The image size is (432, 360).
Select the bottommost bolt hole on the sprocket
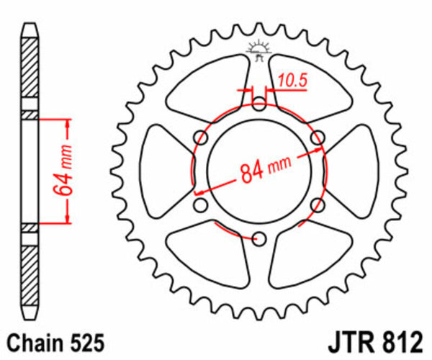pyautogui.click(x=260, y=239)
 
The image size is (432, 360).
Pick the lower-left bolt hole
pyautogui.click(x=202, y=206)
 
